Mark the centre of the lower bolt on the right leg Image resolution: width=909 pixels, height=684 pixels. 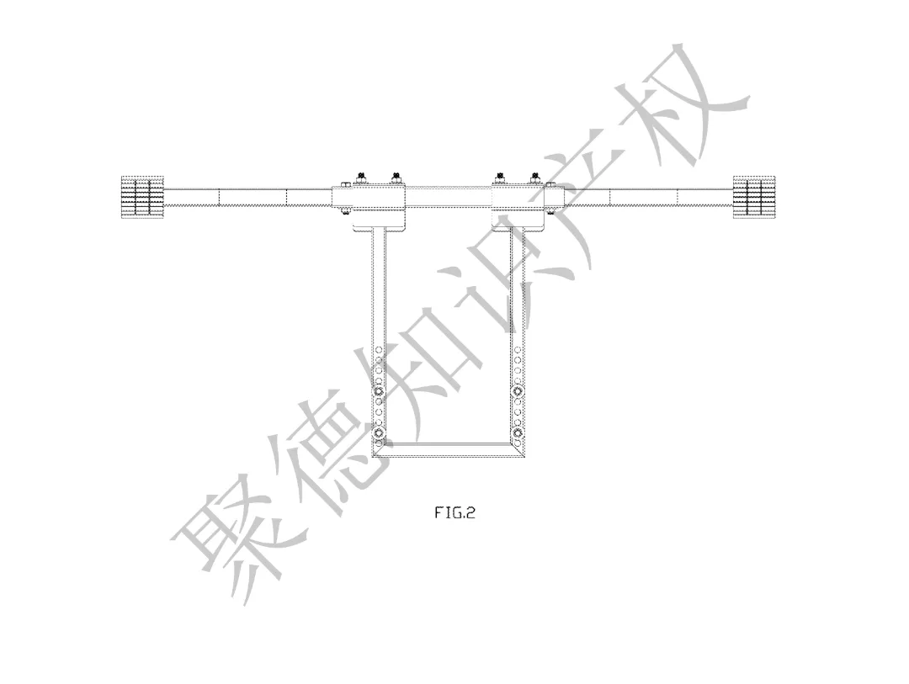(x=518, y=432)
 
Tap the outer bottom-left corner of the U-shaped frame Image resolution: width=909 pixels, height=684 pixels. (x=372, y=457)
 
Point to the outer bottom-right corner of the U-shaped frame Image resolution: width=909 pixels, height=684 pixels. (x=525, y=457)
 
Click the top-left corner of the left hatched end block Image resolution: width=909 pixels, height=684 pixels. (x=120, y=176)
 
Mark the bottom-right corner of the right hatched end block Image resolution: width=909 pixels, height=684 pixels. (x=776, y=219)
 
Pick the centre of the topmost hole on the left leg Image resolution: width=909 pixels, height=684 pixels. (x=379, y=349)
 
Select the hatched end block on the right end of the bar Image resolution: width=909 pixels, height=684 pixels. (x=754, y=197)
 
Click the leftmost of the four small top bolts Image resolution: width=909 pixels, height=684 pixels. (x=362, y=176)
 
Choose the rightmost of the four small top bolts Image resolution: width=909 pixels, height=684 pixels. (x=535, y=176)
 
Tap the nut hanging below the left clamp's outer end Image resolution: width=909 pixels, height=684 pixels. (x=346, y=210)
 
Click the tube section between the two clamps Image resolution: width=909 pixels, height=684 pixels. (x=450, y=197)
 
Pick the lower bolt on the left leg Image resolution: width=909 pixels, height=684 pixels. (x=379, y=432)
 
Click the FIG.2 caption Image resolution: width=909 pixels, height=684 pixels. (x=455, y=512)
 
